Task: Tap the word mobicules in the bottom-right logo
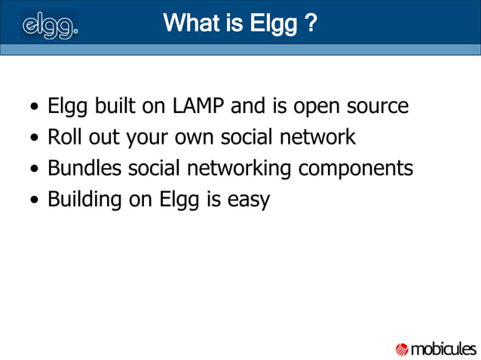(443, 349)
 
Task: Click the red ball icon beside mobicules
(402, 349)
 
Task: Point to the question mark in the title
(311, 23)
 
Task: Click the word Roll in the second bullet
(63, 138)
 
